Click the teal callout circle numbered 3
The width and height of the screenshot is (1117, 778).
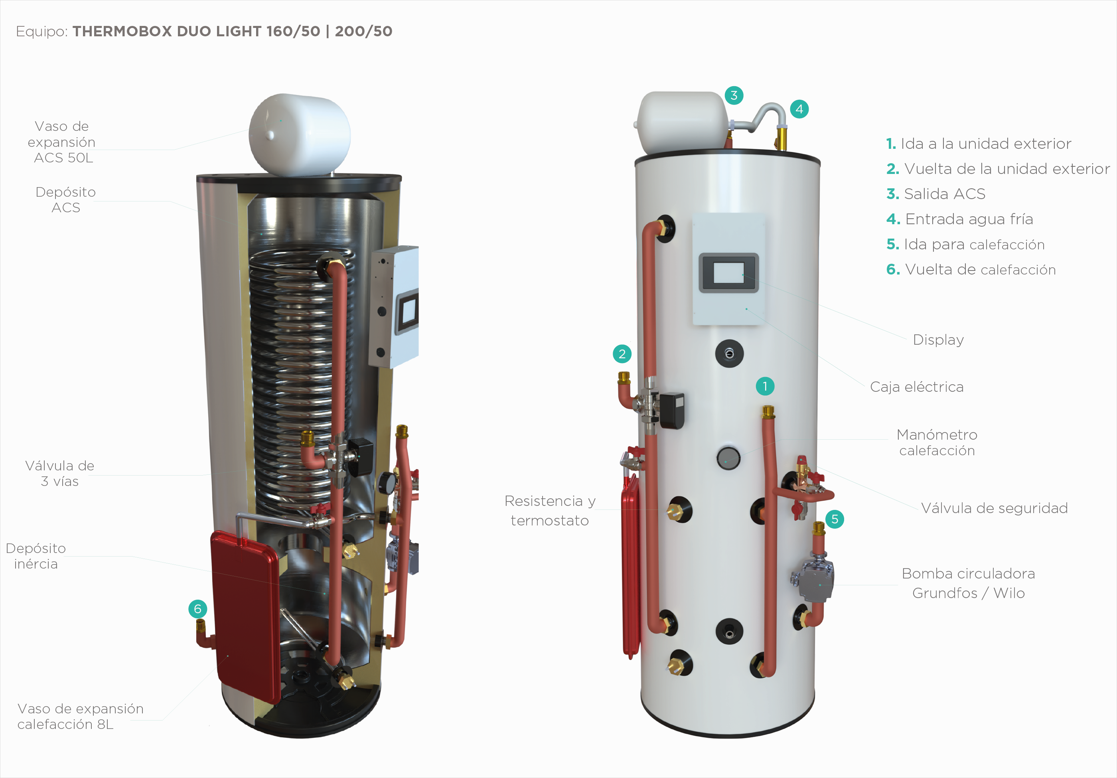point(734,95)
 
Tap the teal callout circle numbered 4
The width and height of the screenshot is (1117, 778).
point(799,109)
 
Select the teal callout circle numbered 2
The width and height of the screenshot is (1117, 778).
point(622,354)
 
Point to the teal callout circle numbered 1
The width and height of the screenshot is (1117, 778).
point(765,386)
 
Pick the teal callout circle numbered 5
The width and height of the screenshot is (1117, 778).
point(834,519)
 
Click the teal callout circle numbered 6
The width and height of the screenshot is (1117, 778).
point(197,609)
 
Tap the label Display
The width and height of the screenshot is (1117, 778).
point(938,340)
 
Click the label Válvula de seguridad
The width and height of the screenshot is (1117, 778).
point(994,508)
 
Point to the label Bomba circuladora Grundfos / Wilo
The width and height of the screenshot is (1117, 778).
point(968,583)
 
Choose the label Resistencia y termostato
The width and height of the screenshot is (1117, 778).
point(550,510)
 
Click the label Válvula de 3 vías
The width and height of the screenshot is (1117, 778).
point(59,474)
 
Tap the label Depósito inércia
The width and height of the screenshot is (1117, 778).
point(36,556)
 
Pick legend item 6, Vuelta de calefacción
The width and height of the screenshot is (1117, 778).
point(971,270)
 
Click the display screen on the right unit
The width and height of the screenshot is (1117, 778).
point(728,273)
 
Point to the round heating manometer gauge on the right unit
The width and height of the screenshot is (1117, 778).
point(728,458)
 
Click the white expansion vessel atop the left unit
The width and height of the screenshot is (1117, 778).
point(299,134)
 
